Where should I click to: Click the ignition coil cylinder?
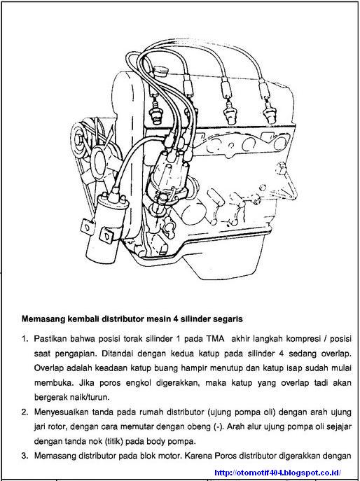[x=102, y=228]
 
